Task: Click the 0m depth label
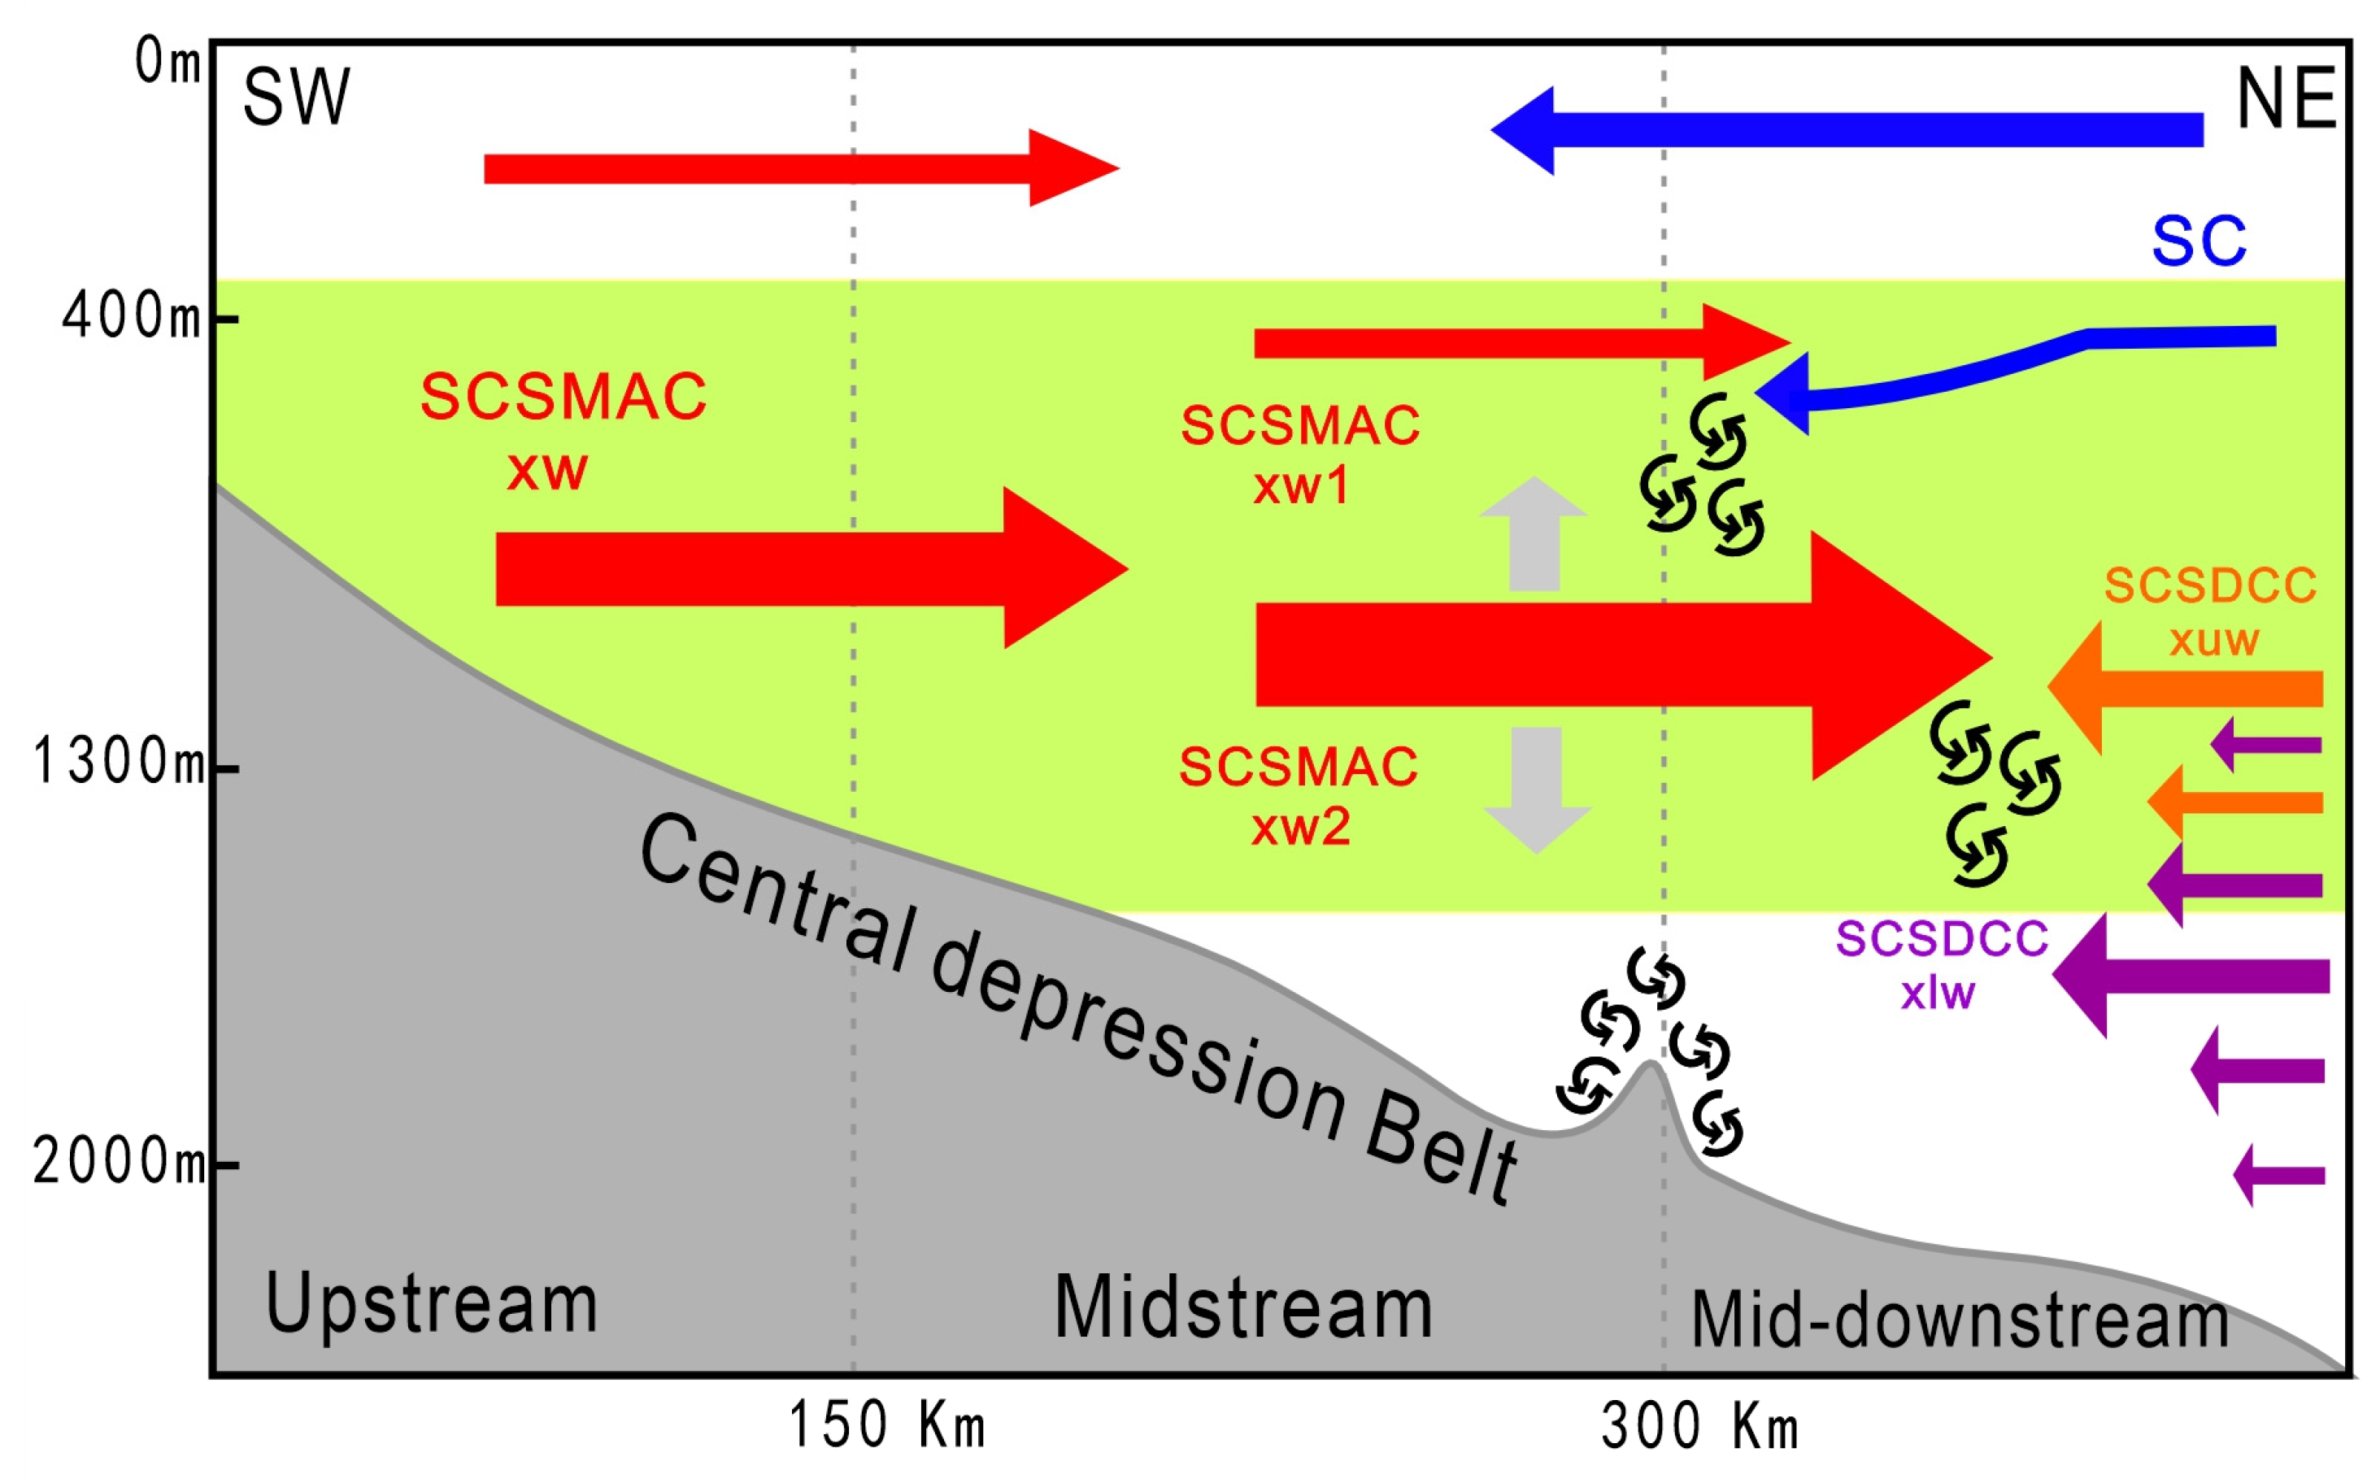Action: pos(167,63)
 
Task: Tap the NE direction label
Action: pos(2286,99)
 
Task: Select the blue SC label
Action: pos(2199,241)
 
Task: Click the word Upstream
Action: pos(431,1303)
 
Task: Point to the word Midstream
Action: pos(1242,1307)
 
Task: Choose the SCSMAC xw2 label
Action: pos(1298,795)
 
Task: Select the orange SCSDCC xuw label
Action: pos(2211,612)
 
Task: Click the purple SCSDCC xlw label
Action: pos(1941,965)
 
